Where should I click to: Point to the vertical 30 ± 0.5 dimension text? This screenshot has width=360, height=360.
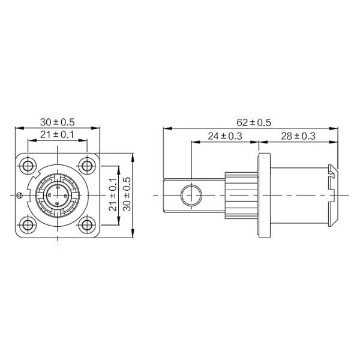[x=126, y=196]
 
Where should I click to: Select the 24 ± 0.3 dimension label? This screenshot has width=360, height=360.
[x=224, y=136]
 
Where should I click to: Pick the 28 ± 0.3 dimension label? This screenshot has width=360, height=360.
[x=298, y=136]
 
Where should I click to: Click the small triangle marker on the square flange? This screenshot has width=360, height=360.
[x=20, y=195]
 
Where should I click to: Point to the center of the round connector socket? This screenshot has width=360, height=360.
[x=58, y=195]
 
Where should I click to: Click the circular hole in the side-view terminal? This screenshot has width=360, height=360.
[x=191, y=195]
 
